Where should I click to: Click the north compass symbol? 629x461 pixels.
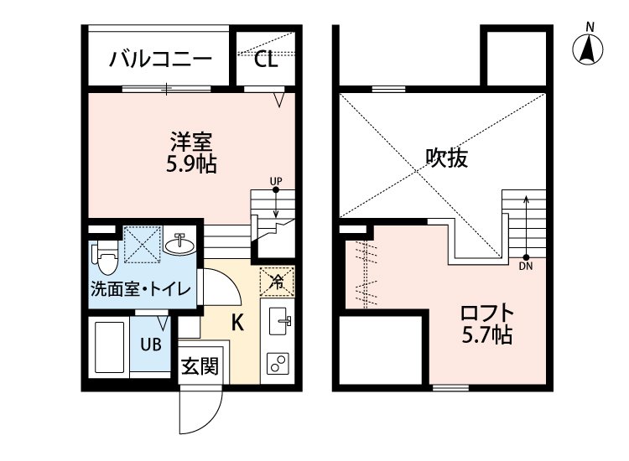pos(590,49)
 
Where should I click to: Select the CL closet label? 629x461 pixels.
pos(265,60)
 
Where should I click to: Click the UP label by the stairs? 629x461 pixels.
pos(276,180)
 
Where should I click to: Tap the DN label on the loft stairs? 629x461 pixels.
pos(526,267)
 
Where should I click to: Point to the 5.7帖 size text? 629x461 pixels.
pos(486,337)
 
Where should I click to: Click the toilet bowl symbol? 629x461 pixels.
pos(105,259)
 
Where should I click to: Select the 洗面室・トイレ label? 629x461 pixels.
pos(141,291)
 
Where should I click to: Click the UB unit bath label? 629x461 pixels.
pos(151,343)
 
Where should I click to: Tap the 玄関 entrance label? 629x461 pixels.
pos(200,365)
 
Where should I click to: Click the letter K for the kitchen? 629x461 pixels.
pos(237,321)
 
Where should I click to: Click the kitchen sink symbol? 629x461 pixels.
pos(278,320)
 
